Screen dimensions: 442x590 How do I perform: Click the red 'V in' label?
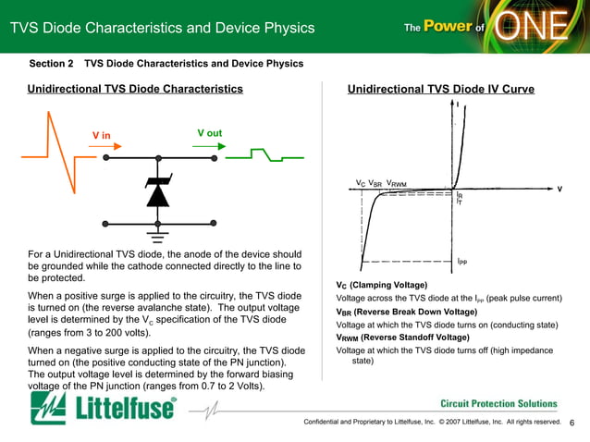[x=101, y=136]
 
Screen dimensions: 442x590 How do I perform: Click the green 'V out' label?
[x=210, y=133]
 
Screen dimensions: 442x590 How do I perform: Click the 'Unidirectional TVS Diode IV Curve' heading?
[x=440, y=89]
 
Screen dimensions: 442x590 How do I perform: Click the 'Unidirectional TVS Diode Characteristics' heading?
[x=135, y=89]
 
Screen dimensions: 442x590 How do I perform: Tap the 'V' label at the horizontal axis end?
[x=559, y=189]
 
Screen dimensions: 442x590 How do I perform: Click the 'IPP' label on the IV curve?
[x=462, y=262]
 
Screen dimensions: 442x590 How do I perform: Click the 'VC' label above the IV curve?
[x=361, y=183]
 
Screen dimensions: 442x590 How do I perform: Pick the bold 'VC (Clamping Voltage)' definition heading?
[x=381, y=284]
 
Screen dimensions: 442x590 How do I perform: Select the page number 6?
[x=572, y=423]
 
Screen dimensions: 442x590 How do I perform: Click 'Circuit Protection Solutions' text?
[x=498, y=403]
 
